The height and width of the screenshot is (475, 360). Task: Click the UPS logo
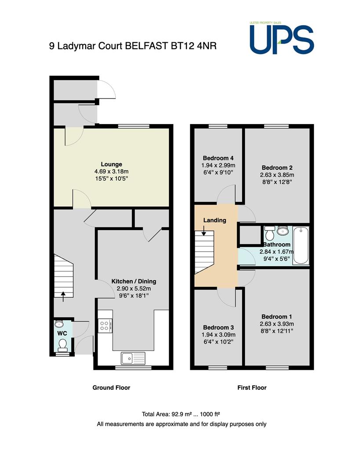(x=282, y=38)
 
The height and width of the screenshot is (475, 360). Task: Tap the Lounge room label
(x=111, y=164)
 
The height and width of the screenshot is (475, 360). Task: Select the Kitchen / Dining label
(x=134, y=281)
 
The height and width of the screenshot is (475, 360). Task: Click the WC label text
(x=62, y=333)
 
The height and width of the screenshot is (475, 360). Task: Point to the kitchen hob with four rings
(x=105, y=325)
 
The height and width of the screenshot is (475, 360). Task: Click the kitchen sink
(x=133, y=358)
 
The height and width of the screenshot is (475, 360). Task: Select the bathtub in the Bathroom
(x=301, y=245)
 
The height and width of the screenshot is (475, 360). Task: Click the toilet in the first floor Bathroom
(x=269, y=233)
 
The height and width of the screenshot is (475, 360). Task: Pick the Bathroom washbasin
(x=283, y=231)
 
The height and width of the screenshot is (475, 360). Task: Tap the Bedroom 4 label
(x=218, y=158)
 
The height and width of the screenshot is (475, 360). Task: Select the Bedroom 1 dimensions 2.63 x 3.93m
(x=277, y=324)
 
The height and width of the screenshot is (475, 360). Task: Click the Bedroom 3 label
(x=218, y=328)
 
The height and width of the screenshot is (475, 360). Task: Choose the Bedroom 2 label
(x=277, y=168)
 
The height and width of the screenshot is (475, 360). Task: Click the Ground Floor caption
(x=111, y=387)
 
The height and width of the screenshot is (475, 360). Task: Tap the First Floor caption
(x=252, y=387)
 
